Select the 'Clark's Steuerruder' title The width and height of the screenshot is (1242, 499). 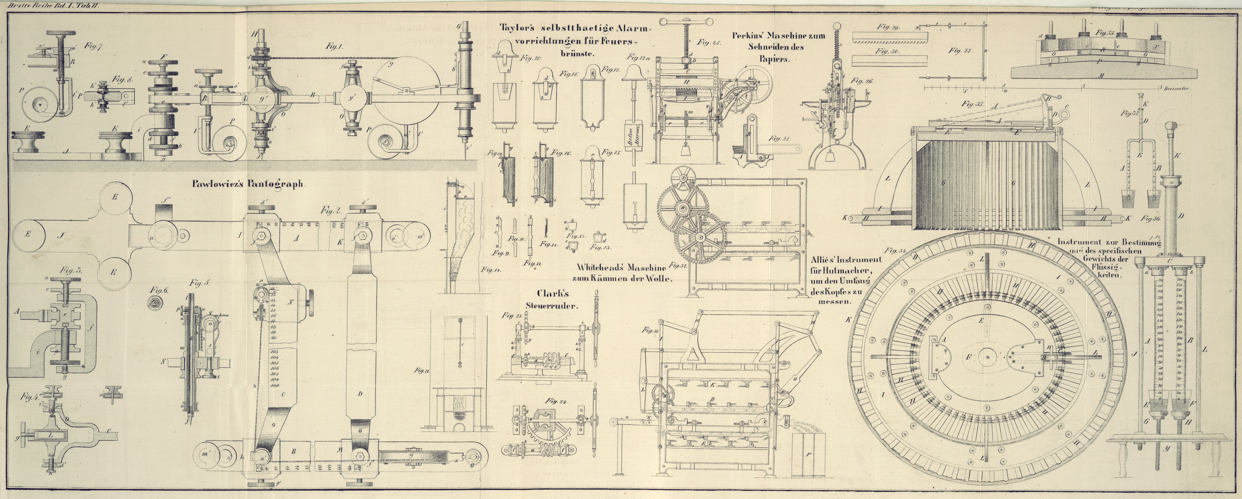(557, 300)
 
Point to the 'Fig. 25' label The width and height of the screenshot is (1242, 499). (708, 42)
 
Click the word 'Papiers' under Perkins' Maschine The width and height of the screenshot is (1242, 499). (773, 59)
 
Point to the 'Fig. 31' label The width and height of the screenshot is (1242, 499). (650, 330)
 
